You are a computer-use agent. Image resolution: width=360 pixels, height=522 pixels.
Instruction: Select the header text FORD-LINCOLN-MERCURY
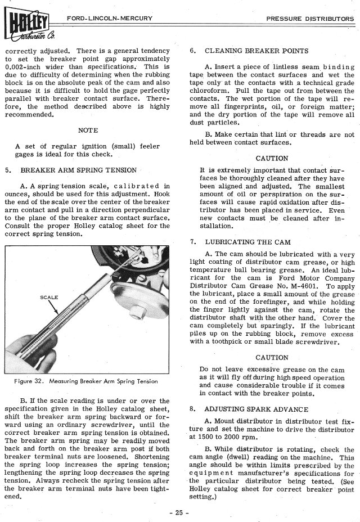pyautogui.click(x=109, y=19)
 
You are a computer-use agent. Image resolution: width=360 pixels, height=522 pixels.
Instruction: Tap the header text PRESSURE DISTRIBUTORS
pyautogui.click(x=310, y=19)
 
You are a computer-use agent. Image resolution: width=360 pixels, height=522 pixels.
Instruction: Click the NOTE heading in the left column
pyautogui.click(x=88, y=130)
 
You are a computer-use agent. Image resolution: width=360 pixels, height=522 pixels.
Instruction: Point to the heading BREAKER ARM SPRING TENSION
pyautogui.click(x=79, y=169)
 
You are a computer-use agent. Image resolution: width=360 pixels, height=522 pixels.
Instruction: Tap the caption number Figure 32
pyautogui.click(x=34, y=381)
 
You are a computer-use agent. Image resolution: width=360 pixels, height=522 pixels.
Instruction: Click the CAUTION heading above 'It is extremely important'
pyautogui.click(x=272, y=158)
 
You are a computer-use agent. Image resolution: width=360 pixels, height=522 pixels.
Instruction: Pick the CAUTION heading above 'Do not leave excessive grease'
pyautogui.click(x=272, y=357)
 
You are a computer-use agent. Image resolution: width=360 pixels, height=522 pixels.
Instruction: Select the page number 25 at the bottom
pyautogui.click(x=180, y=512)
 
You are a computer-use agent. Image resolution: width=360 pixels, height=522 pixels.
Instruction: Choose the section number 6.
pyautogui.click(x=192, y=51)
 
